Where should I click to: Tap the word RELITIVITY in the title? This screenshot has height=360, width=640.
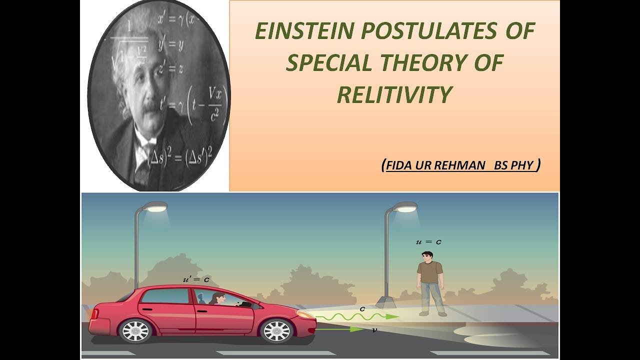394,94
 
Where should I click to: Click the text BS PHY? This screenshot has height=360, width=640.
513,165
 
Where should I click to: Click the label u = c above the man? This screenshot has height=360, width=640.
429,242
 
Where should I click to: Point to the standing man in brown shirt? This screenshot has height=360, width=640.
431,283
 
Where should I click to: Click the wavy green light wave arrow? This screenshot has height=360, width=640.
357,316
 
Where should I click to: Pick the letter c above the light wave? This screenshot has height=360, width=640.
362,308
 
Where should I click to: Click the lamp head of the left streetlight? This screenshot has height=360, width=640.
155,206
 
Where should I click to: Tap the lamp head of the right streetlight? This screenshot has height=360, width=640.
405,206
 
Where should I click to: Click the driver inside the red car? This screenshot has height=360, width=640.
218,299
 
